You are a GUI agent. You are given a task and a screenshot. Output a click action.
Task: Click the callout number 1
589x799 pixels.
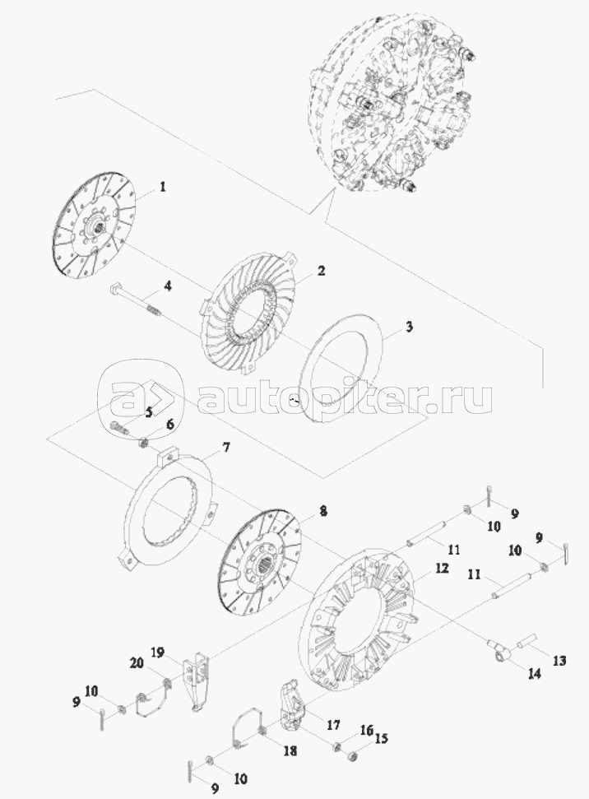(x=163, y=187)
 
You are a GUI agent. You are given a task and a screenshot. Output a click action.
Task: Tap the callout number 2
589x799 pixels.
(x=321, y=271)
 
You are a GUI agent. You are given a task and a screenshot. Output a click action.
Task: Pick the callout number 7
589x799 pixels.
(x=225, y=448)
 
